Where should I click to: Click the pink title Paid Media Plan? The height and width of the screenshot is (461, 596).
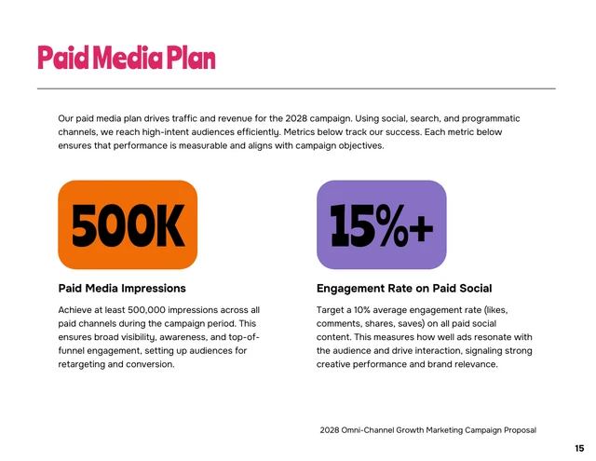point(126,58)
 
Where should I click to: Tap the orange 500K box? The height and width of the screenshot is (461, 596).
point(128,225)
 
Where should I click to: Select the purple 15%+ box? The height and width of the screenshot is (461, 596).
point(381,225)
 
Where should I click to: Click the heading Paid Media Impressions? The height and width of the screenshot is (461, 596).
point(122,289)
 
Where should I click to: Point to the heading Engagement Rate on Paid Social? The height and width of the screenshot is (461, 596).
point(404,289)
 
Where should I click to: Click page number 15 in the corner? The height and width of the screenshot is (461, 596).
point(579,448)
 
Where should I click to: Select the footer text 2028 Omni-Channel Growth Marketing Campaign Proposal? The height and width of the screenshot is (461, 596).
point(427,429)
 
